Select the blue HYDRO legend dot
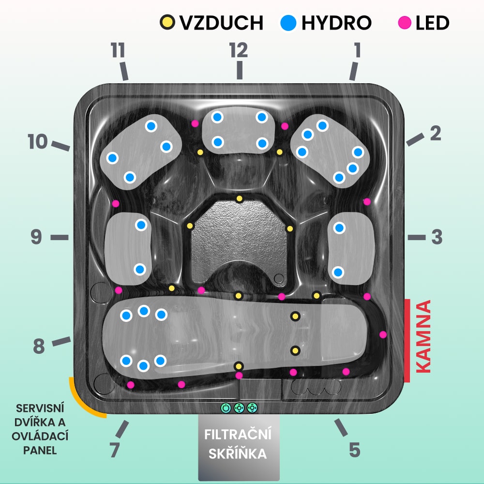coord(288,22)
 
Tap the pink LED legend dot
coord(404,22)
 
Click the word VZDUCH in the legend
coord(221,23)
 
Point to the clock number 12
coord(239,49)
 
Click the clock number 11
coord(118,50)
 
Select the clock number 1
coord(357,50)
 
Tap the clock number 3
coord(437,237)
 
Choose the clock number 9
coord(37,237)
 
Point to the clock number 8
coord(39,347)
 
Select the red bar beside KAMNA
coord(407,340)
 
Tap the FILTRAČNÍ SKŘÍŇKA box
coord(239,445)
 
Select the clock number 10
coord(37,142)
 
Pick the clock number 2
coord(436,134)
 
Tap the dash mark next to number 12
coord(239,71)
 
